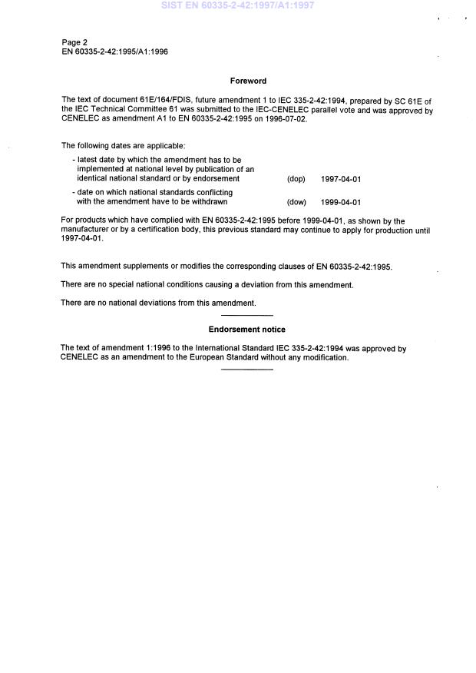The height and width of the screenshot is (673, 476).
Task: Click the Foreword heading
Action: [248, 80]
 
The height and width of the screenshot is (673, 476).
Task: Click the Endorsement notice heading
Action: [246, 329]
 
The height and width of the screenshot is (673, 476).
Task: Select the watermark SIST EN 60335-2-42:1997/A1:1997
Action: [237, 5]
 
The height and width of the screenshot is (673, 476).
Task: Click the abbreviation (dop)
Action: [296, 179]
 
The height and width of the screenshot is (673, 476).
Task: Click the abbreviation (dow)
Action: [296, 203]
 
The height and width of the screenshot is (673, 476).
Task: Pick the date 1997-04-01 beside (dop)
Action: [341, 179]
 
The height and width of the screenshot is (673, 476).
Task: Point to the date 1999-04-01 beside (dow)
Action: [341, 203]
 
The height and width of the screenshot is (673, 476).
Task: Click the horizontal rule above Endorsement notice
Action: [246, 316]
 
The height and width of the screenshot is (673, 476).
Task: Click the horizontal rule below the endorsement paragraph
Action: [246, 370]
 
